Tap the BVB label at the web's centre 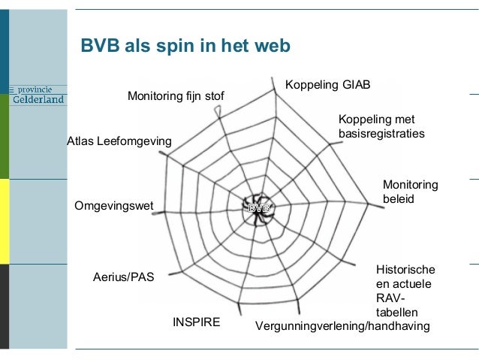(x=258, y=207)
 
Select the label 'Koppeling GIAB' (x=327, y=83)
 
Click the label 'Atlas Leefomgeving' (x=119, y=141)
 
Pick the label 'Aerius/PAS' (x=123, y=277)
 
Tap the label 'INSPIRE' (x=197, y=322)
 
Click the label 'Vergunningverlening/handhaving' (x=342, y=326)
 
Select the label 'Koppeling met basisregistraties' (x=381, y=126)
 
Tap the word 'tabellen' (x=396, y=312)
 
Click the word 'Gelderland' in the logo (x=38, y=100)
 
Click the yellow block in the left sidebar (x=5, y=222)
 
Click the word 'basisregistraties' (x=381, y=134)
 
